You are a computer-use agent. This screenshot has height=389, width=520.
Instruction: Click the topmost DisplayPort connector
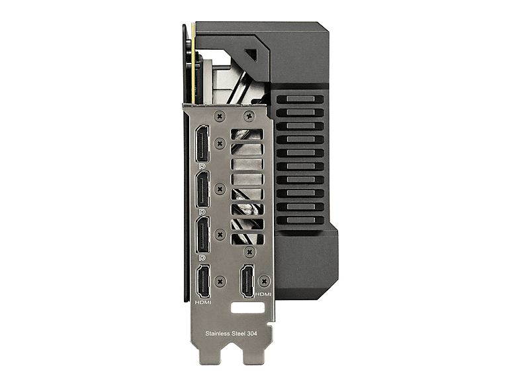click(x=202, y=144)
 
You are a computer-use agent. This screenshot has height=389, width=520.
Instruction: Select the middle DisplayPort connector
click(x=202, y=189)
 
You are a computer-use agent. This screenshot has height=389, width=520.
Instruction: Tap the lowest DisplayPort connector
click(x=202, y=235)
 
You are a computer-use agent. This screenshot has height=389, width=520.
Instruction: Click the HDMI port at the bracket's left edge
click(x=203, y=282)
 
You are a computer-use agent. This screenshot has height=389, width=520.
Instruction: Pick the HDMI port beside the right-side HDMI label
click(x=247, y=281)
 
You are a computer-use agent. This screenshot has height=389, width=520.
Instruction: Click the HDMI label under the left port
click(x=203, y=303)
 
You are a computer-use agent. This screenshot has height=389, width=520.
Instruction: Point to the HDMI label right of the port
click(x=263, y=294)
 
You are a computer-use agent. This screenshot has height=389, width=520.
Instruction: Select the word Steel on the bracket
click(x=237, y=333)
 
